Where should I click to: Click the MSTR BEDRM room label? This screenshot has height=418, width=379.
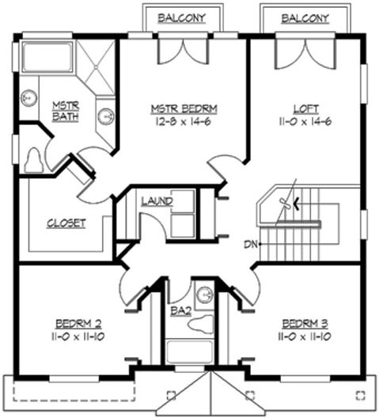[184, 108]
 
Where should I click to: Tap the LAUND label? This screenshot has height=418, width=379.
[157, 202]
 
